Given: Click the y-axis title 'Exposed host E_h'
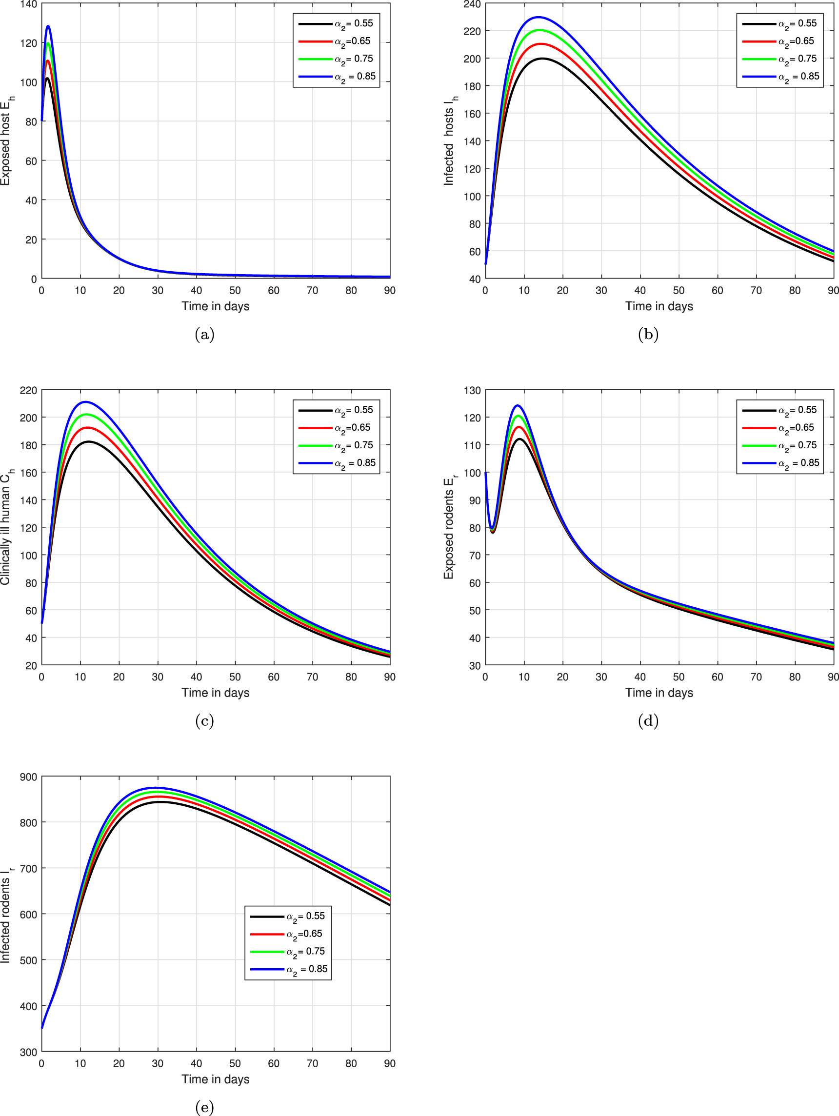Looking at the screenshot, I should point(6,141).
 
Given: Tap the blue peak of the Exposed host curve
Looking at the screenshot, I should point(48,26).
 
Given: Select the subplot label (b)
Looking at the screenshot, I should point(648,334).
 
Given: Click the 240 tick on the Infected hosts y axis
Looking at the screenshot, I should point(472,4).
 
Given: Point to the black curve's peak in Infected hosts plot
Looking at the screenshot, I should point(542,59).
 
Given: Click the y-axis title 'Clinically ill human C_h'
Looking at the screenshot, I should point(6,527).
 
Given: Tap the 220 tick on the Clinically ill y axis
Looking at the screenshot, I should point(28,391).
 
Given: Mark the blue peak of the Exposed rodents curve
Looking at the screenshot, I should point(517,405).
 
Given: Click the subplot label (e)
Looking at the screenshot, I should point(204,1107).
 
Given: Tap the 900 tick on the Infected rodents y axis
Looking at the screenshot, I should point(28,777).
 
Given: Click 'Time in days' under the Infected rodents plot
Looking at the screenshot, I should point(216,1079).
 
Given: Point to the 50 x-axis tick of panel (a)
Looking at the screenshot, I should point(235,291).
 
